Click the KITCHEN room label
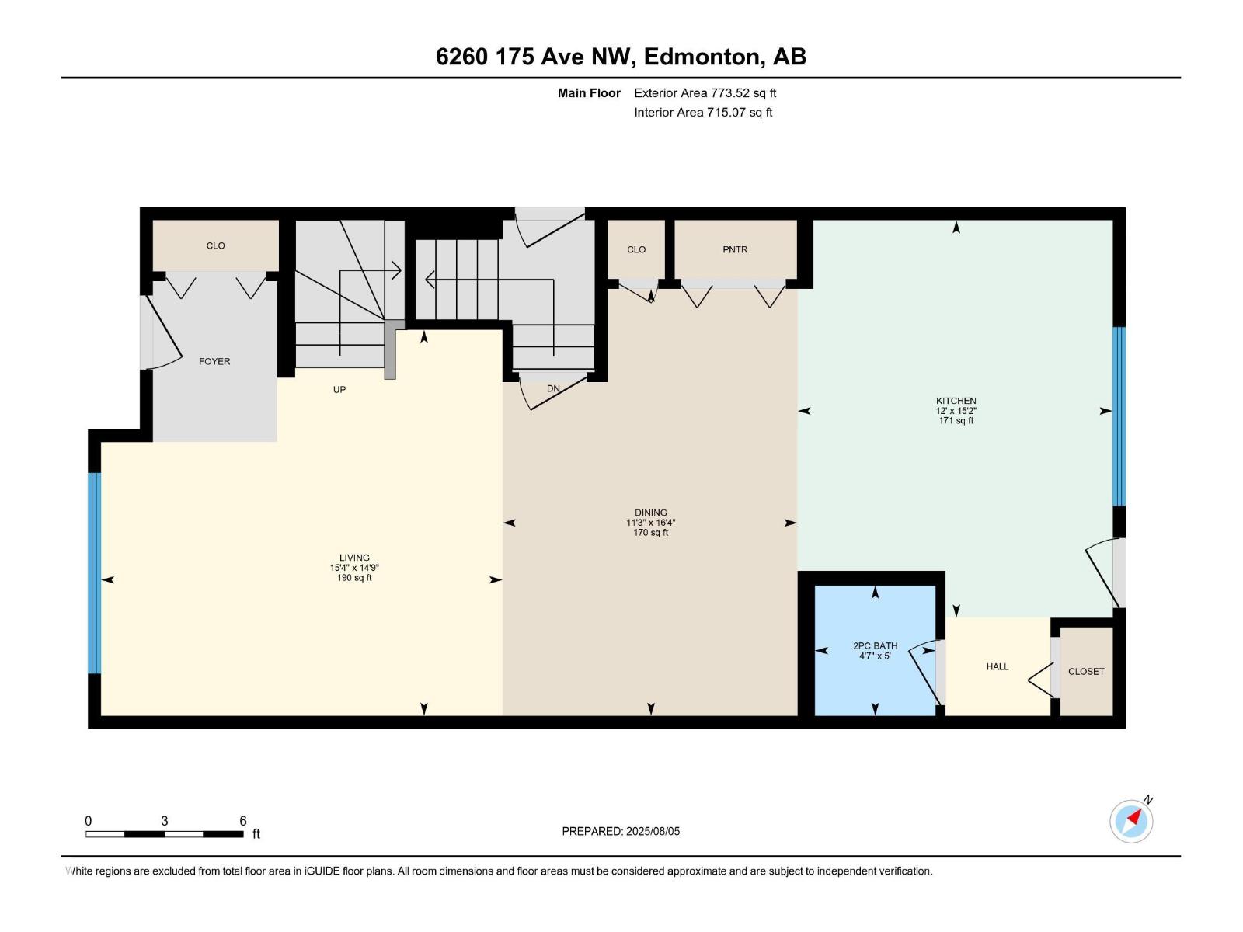[x=956, y=401]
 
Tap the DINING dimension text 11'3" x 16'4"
[x=650, y=523]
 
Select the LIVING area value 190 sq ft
[x=354, y=578]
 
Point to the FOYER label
[x=214, y=361]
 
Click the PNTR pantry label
[x=734, y=249]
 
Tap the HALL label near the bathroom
[x=998, y=666]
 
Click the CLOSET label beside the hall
[x=1085, y=671]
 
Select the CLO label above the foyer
[x=215, y=245]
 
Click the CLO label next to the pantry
[x=636, y=249]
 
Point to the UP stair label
[x=339, y=389]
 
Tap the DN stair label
[x=553, y=388]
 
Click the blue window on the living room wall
[x=94, y=572]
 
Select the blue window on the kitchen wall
[x=1119, y=416]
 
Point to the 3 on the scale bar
[x=165, y=821]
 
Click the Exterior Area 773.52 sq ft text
[x=705, y=93]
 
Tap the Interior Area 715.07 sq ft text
[x=703, y=112]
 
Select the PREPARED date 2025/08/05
[x=653, y=831]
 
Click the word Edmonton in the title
[x=701, y=57]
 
